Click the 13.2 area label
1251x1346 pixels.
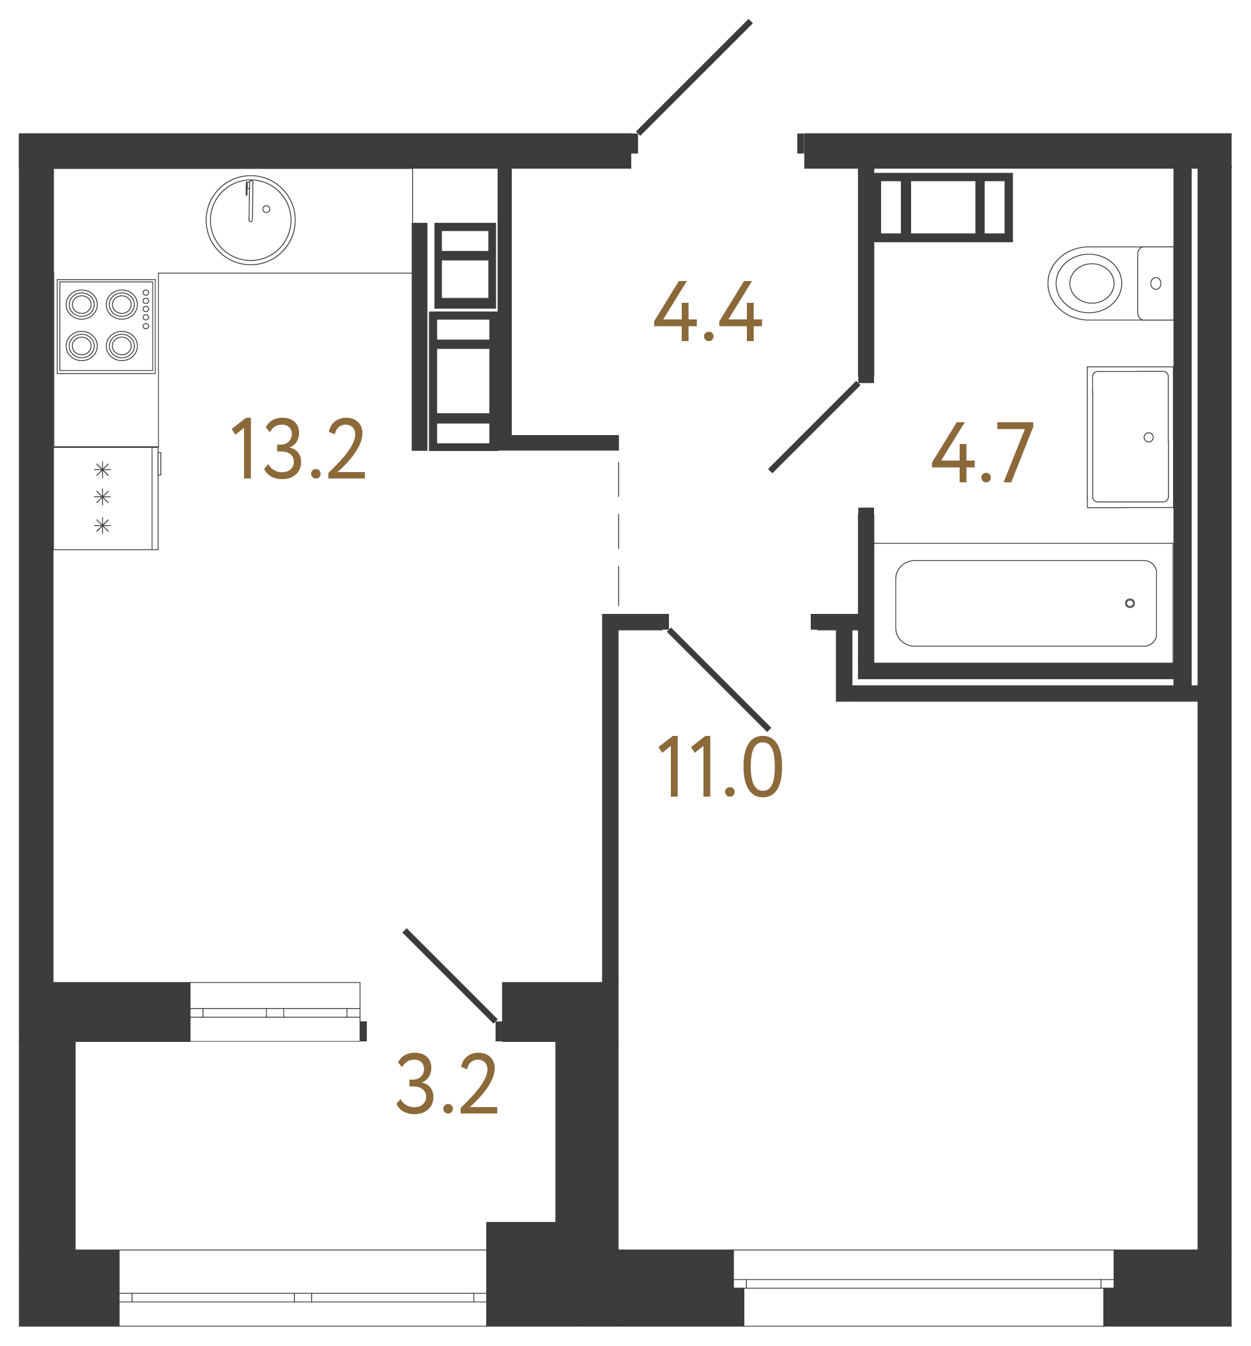(x=298, y=448)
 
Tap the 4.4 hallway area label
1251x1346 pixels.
(x=707, y=312)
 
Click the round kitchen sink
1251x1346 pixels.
(x=250, y=220)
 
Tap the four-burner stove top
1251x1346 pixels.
(x=106, y=326)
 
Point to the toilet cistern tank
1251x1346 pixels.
(x=1155, y=283)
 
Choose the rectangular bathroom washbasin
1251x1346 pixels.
(x=1130, y=436)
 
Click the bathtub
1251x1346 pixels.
(x=1025, y=603)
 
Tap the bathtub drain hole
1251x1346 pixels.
(x=1130, y=603)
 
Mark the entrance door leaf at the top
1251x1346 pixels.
(x=694, y=77)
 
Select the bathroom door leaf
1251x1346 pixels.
(x=815, y=426)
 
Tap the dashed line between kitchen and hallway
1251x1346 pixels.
(x=618, y=535)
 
